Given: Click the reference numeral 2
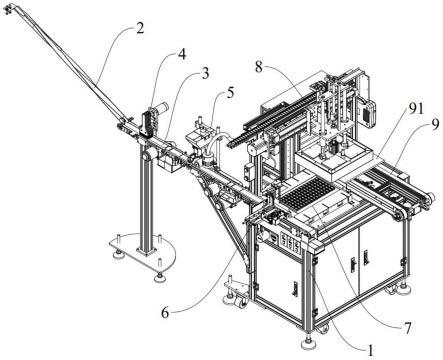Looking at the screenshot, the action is [140, 28].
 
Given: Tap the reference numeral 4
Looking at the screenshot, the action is [182, 54].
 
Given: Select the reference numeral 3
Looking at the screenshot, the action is [205, 73].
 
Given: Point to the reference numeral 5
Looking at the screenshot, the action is [230, 93].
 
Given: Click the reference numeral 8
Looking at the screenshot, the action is [259, 67].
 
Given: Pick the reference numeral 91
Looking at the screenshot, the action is [416, 109].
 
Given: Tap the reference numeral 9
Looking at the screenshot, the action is [435, 126].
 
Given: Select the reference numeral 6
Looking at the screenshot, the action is [165, 313].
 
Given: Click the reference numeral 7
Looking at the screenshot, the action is [407, 328].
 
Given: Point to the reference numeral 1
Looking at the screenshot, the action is [370, 350].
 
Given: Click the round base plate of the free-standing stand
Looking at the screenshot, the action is [143, 251].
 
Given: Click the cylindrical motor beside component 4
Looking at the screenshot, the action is [161, 108].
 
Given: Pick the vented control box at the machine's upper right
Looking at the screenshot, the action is [367, 113].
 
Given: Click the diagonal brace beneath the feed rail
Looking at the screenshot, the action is [227, 222].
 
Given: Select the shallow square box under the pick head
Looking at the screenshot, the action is [334, 159].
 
